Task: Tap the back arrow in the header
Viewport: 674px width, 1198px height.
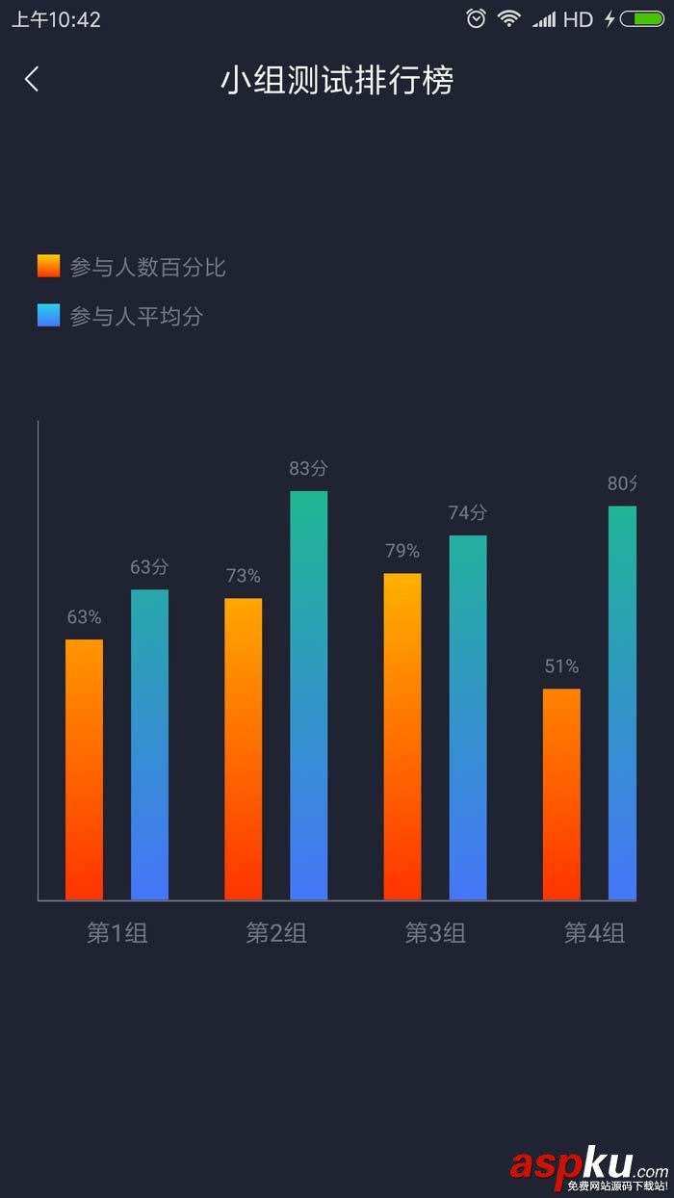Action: [32, 79]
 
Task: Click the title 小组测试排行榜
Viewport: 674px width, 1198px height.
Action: [337, 81]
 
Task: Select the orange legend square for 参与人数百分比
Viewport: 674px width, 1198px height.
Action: [49, 267]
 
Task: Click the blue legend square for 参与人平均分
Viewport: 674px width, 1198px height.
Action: [49, 316]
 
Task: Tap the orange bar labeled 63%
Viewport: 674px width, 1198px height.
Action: [85, 770]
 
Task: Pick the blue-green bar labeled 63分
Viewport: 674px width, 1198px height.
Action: [150, 745]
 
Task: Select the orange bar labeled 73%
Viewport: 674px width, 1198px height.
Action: [244, 749]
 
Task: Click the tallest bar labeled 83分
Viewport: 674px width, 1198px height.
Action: [309, 695]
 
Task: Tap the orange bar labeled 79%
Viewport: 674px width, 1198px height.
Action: [402, 737]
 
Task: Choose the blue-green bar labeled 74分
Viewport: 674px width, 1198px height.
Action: [468, 717]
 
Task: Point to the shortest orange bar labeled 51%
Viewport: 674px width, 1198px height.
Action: [561, 794]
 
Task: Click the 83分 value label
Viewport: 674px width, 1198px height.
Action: [309, 469]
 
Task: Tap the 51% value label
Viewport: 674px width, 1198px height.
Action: [561, 666]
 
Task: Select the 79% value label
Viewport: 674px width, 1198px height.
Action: [402, 551]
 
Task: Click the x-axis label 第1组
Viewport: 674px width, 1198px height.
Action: [117, 932]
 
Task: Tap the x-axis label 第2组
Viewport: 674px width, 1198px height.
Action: [276, 932]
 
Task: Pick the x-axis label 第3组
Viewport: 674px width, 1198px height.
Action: [435, 932]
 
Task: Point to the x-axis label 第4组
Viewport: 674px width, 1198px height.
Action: [594, 932]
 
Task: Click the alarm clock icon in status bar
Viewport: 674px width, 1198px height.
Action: [476, 18]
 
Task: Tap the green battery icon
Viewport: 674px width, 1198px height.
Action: [642, 18]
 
